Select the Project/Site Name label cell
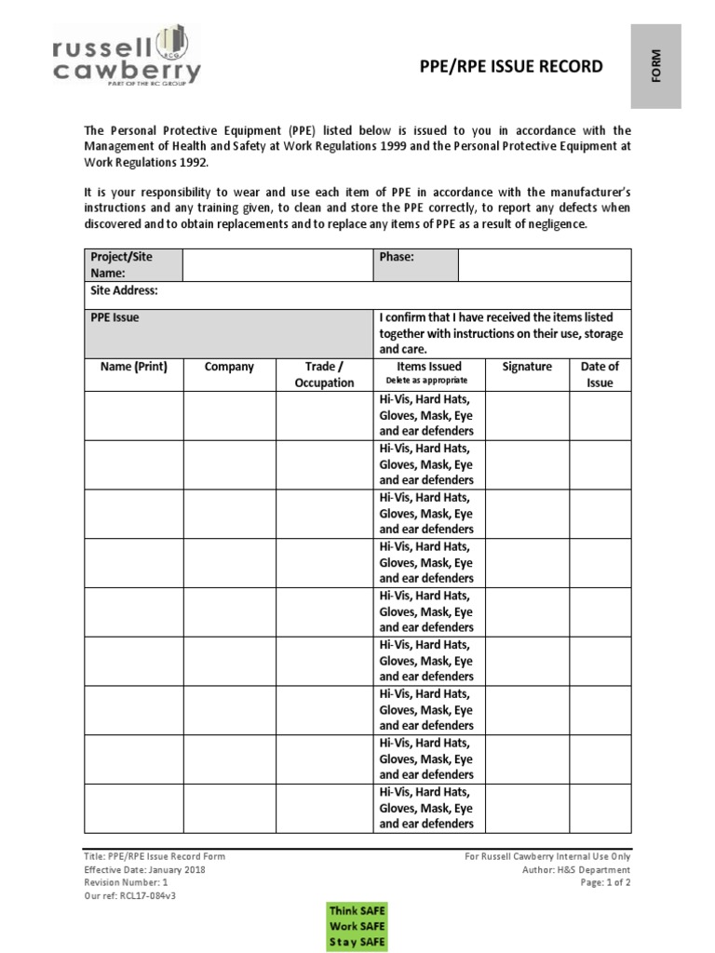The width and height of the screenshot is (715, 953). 133,264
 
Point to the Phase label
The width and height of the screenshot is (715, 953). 397,257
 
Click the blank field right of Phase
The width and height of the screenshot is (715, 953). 544,264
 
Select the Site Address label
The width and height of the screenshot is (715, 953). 124,290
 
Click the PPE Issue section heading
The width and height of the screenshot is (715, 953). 115,317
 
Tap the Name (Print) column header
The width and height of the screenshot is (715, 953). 133,367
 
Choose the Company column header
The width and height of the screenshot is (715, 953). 229,367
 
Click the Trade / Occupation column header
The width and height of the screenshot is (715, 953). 324,374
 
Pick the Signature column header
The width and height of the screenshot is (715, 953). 527,367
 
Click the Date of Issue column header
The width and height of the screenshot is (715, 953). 600,374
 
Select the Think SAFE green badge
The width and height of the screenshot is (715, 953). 357,909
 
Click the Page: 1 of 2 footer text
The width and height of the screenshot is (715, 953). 605,883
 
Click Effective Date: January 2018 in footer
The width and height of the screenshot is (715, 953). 144,870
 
